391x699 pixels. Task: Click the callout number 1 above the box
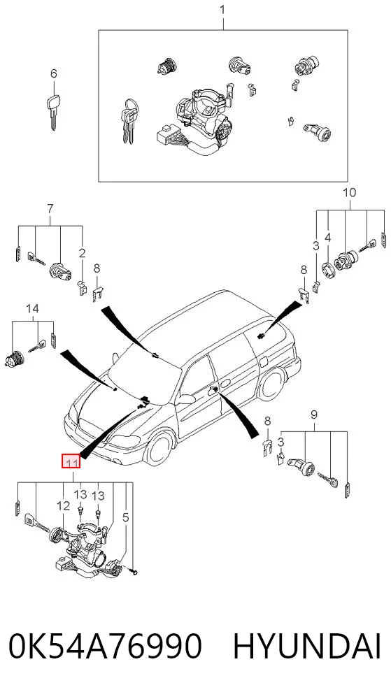click(x=222, y=10)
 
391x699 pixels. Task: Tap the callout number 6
click(x=53, y=73)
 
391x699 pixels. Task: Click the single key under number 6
click(x=53, y=111)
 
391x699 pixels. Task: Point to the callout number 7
click(x=50, y=208)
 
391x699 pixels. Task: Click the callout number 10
click(x=350, y=193)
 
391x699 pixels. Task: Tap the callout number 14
click(x=32, y=308)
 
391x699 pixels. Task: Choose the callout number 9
click(x=314, y=415)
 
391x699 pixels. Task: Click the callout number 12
click(x=64, y=505)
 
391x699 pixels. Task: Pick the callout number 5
click(x=125, y=517)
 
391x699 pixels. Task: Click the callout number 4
click(x=327, y=238)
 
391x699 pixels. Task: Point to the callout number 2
click(x=82, y=254)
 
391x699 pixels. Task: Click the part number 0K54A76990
click(x=105, y=647)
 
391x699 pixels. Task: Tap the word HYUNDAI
click(x=307, y=647)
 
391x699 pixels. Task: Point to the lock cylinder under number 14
click(x=14, y=358)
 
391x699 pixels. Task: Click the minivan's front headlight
click(x=124, y=440)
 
